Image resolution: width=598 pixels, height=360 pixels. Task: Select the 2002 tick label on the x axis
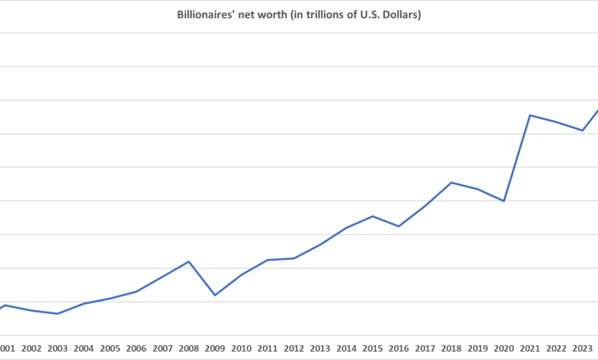tap(31, 348)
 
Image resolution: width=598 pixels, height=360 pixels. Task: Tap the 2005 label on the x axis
tap(110, 348)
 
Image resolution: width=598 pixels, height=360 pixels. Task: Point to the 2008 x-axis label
tap(188, 348)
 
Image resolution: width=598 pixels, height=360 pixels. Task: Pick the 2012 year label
tap(294, 348)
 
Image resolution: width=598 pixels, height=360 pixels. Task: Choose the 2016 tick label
tap(398, 348)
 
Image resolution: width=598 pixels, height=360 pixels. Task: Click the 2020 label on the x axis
tap(504, 348)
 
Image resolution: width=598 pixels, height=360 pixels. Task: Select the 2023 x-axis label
tap(582, 348)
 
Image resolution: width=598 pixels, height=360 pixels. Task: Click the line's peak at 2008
tap(189, 261)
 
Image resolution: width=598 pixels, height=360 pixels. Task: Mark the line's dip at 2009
tap(215, 295)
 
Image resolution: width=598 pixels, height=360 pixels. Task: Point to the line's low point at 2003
tap(58, 314)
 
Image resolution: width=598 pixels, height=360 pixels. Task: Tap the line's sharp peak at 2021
tap(530, 115)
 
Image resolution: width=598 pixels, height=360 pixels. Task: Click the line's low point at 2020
tap(504, 201)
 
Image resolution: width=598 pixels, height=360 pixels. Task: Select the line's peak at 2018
tap(451, 182)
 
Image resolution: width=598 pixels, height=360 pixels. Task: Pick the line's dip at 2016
tap(398, 226)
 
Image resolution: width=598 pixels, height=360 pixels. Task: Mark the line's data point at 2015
tap(372, 216)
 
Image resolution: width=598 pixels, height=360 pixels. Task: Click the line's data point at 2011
tap(268, 260)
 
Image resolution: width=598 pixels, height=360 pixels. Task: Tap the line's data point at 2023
tap(582, 131)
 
